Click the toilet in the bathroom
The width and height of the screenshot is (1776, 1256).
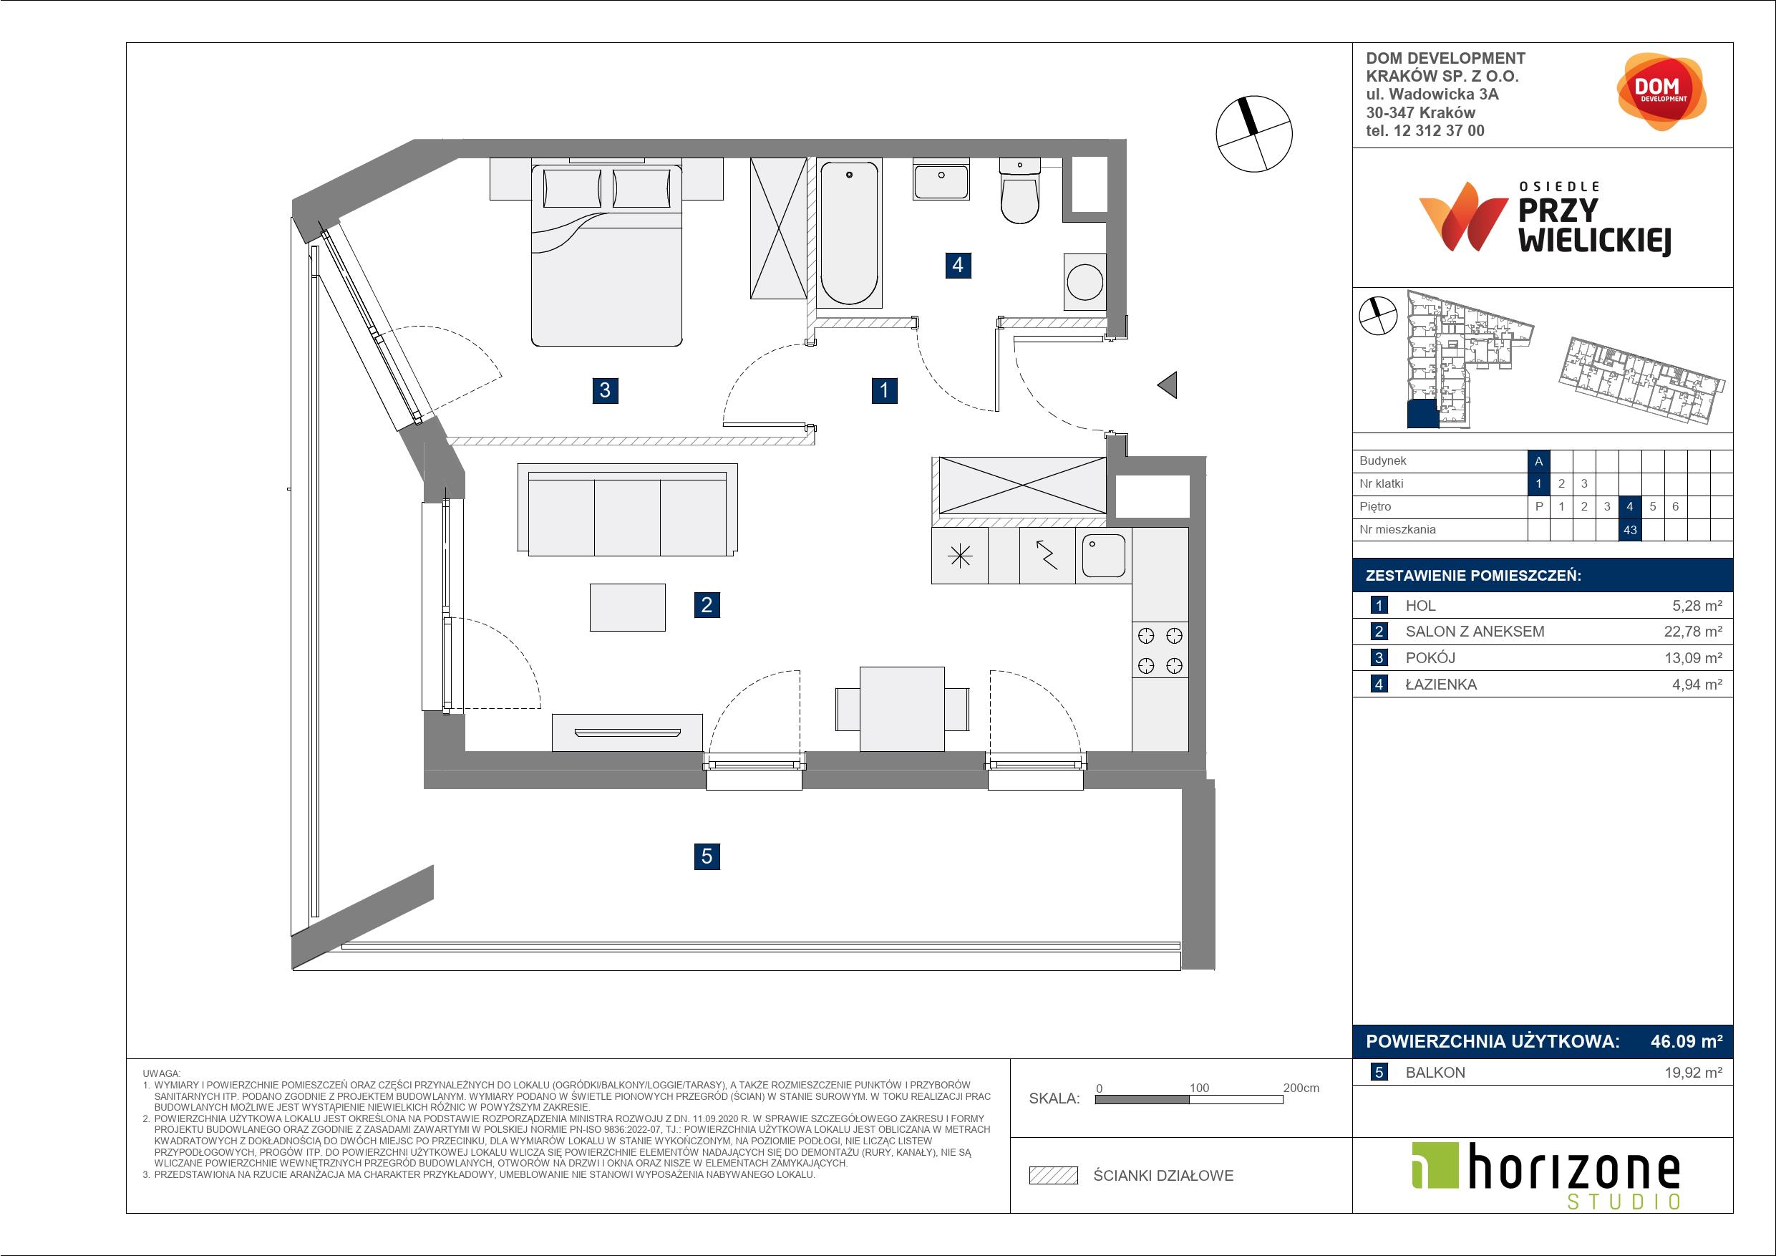click(x=1019, y=191)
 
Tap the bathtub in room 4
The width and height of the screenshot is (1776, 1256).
click(x=849, y=232)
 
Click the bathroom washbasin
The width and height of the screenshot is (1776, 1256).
click(x=941, y=182)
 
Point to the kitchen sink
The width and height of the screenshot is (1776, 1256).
click(x=1103, y=556)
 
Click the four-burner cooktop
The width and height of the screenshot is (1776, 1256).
click(x=1160, y=650)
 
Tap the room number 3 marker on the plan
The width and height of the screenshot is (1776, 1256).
click(x=605, y=390)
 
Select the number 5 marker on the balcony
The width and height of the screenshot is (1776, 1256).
click(x=707, y=856)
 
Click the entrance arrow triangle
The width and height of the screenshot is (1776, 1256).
click(x=1168, y=385)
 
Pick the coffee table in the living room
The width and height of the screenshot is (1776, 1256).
click(x=627, y=607)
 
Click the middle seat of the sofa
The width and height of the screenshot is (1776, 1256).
click(x=627, y=517)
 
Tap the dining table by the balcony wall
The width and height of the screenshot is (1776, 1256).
click(x=902, y=709)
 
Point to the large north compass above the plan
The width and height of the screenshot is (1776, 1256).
click(x=1254, y=134)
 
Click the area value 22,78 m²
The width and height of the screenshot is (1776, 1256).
click(x=1693, y=632)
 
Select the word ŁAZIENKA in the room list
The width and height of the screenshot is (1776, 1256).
click(x=1441, y=684)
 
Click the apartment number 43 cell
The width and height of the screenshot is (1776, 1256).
click(x=1630, y=530)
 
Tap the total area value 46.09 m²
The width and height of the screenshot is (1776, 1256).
click(x=1687, y=1042)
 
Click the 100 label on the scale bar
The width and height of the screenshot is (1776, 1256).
click(x=1199, y=1087)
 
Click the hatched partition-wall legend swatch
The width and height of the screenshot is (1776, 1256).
click(x=1054, y=1176)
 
